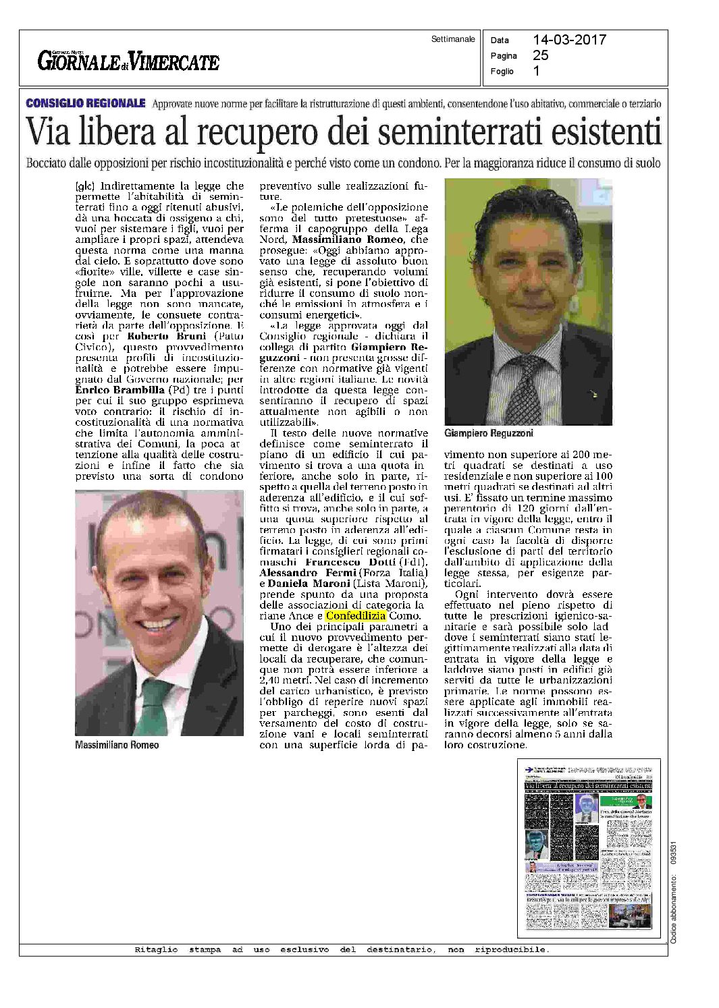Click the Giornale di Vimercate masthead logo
[128, 61]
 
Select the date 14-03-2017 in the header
[569, 40]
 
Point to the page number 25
[540, 55]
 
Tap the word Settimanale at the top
[453, 39]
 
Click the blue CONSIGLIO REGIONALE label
[85, 103]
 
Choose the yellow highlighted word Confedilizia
[355, 615]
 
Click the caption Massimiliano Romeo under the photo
[117, 745]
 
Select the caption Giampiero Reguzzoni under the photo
[488, 433]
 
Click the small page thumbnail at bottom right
[589, 848]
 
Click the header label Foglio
[502, 72]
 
